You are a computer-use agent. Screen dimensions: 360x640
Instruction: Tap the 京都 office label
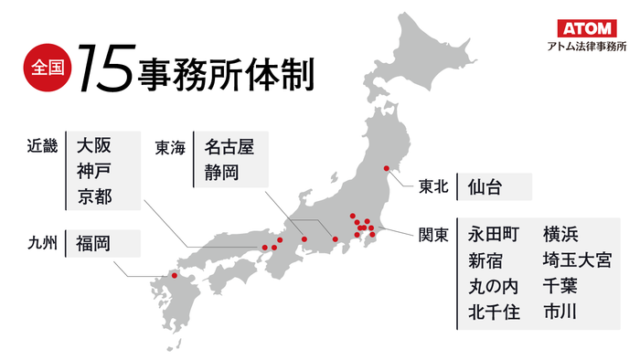[x=94, y=197]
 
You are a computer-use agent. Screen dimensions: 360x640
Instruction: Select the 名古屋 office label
[x=229, y=144]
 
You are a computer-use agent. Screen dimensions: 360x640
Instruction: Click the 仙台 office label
[x=483, y=187]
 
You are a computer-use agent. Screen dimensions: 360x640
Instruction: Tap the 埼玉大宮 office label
[x=576, y=259]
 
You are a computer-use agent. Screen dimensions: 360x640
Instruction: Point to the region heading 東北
[x=433, y=187]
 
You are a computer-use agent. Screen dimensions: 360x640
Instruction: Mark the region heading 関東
[x=433, y=234]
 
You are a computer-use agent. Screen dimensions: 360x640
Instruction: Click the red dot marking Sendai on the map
[x=387, y=168]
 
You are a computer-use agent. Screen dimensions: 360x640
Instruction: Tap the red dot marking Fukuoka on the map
[x=175, y=276]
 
